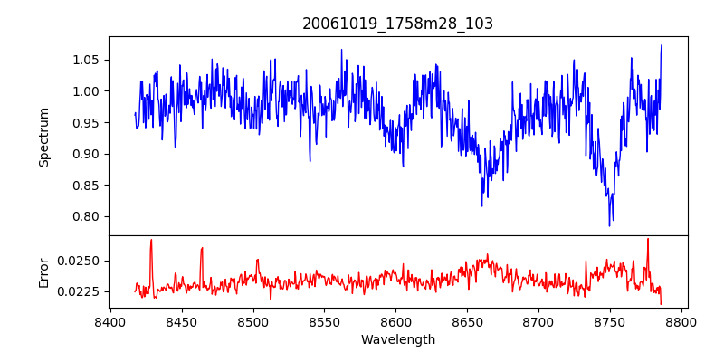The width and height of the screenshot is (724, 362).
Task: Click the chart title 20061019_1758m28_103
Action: click(397, 24)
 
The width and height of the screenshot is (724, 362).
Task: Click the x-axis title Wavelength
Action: click(397, 340)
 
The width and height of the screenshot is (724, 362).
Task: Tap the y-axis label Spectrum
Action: click(43, 136)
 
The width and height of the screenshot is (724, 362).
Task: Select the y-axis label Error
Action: click(43, 272)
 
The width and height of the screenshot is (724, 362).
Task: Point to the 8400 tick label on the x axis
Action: click(110, 321)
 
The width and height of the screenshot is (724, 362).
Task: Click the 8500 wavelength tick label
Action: click(253, 321)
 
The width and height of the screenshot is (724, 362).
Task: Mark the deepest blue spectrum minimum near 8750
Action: click(610, 225)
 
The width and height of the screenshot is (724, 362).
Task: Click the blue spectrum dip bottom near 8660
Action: click(481, 205)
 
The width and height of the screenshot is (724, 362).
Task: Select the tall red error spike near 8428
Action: click(151, 240)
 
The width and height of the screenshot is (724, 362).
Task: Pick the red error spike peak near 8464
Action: click(202, 247)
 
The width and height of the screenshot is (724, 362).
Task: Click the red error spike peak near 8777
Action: click(648, 239)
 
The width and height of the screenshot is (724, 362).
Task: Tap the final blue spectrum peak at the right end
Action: click(662, 45)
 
